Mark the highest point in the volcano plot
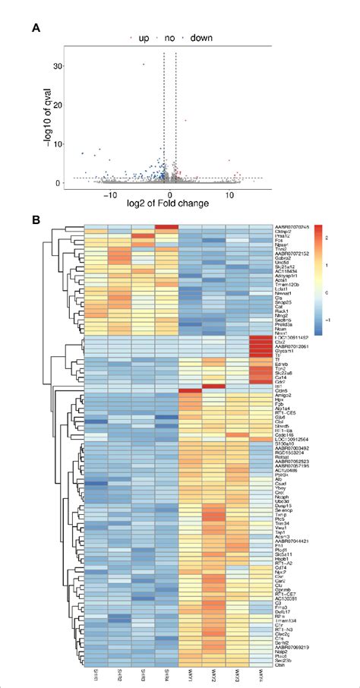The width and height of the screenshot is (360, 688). click(x=143, y=65)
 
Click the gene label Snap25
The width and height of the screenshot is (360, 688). click(x=283, y=302)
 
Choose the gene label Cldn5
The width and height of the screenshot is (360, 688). click(x=281, y=391)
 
